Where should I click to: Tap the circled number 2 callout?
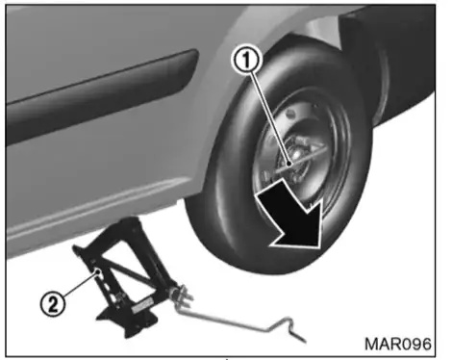click(x=53, y=303)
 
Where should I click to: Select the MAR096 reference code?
click(x=398, y=344)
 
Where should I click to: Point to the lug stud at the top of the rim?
click(x=290, y=113)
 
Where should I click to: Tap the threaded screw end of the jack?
click(x=183, y=296)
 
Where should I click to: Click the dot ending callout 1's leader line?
click(x=289, y=164)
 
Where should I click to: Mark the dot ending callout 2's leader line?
click(x=99, y=272)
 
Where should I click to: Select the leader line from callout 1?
click(x=270, y=117)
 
